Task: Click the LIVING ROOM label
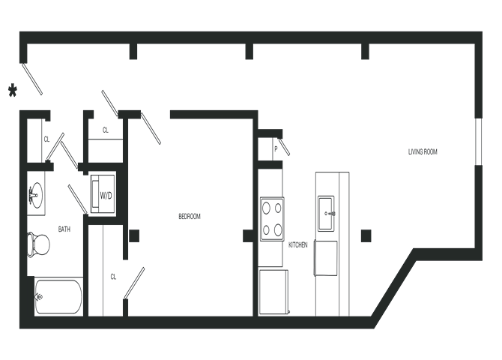pos(423,152)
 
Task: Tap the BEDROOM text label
pos(190,217)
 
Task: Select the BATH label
pos(64,229)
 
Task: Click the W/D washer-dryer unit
pos(103,195)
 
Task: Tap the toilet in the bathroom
pos(37,243)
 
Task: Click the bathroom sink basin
pos(36,196)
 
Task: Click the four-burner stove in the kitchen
pos(272,217)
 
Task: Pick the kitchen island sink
pos(327,206)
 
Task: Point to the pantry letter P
pos(276,149)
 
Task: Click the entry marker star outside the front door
pos(12,90)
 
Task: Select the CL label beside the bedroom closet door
pos(113,276)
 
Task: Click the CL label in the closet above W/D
pos(106,130)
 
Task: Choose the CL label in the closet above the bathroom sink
pos(46,139)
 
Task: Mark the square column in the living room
pos(366,236)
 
